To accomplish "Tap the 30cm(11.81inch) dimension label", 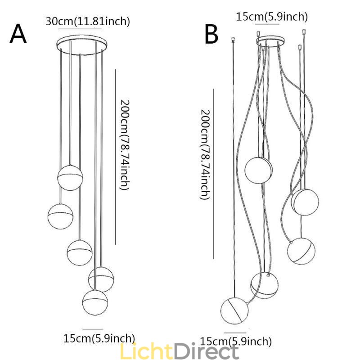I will tap(88, 21).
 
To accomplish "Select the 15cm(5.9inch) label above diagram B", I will tap(272, 17).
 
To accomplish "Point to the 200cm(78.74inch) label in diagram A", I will tap(124, 144).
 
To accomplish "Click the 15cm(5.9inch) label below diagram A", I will tap(99, 338).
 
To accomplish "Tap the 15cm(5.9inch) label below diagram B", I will tap(236, 341).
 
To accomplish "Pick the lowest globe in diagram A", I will tap(95, 302).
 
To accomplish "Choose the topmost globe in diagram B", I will tap(259, 170).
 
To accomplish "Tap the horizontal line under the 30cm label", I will tap(79, 29).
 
